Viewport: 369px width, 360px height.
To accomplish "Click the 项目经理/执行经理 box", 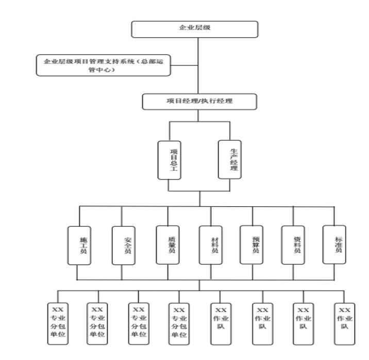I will [199, 101].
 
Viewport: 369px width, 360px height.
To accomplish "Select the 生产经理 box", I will [229, 159].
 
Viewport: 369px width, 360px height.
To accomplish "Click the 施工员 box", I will [79, 246].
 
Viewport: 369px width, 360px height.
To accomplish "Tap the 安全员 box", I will [123, 246].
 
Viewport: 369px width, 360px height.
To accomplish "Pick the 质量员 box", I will [167, 246].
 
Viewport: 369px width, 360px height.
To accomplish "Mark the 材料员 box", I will [211, 246].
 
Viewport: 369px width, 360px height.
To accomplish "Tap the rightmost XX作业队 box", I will [344, 323].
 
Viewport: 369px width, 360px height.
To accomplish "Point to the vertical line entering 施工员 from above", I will [79, 216].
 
